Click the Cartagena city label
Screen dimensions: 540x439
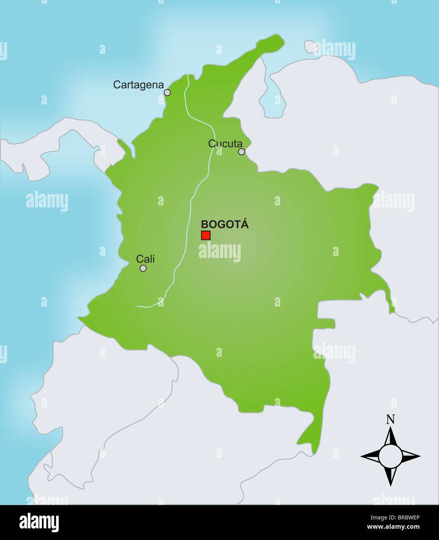138,85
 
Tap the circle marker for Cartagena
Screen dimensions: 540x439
167,92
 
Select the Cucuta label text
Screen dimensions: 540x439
225,143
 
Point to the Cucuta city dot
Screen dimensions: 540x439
241,152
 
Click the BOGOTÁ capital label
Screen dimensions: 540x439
224,224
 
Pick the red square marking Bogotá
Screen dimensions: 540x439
206,235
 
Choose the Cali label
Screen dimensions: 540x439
145,259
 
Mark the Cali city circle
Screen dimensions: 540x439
143,268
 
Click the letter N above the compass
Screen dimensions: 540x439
390,420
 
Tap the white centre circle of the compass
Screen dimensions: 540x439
390,456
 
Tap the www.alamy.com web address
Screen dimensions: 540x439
393,527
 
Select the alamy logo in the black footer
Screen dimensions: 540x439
39,523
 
